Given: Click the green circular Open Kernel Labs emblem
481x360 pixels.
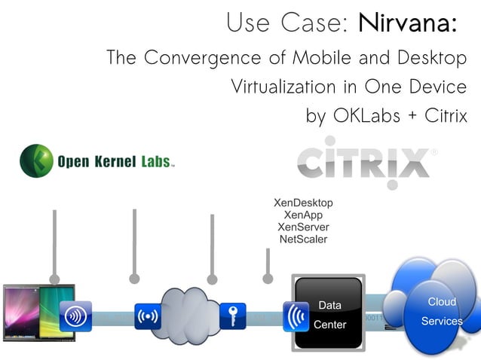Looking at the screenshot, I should pos(35,160).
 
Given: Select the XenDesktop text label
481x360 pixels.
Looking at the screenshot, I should pos(302,203).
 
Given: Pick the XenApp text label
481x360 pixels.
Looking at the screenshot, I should pos(302,215).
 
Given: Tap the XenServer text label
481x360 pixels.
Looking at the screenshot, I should pos(302,227).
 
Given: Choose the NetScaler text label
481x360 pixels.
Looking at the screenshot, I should pos(302,239).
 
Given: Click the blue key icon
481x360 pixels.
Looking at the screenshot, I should pos(233,316).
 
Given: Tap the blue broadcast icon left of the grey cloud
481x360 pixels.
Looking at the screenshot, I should pos(147,316).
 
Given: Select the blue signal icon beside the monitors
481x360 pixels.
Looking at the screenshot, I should pos(75,316).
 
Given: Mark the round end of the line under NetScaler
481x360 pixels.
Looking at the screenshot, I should pos(268,279).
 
